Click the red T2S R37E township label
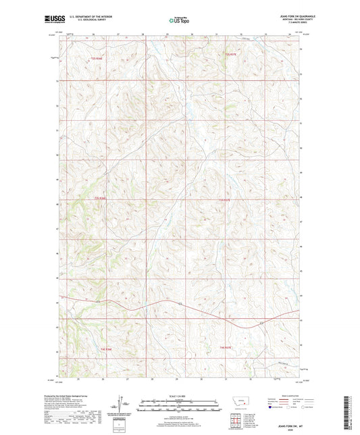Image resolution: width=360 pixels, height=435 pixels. [x=232, y=53]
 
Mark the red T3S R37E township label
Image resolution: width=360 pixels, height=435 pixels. [x=225, y=200]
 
